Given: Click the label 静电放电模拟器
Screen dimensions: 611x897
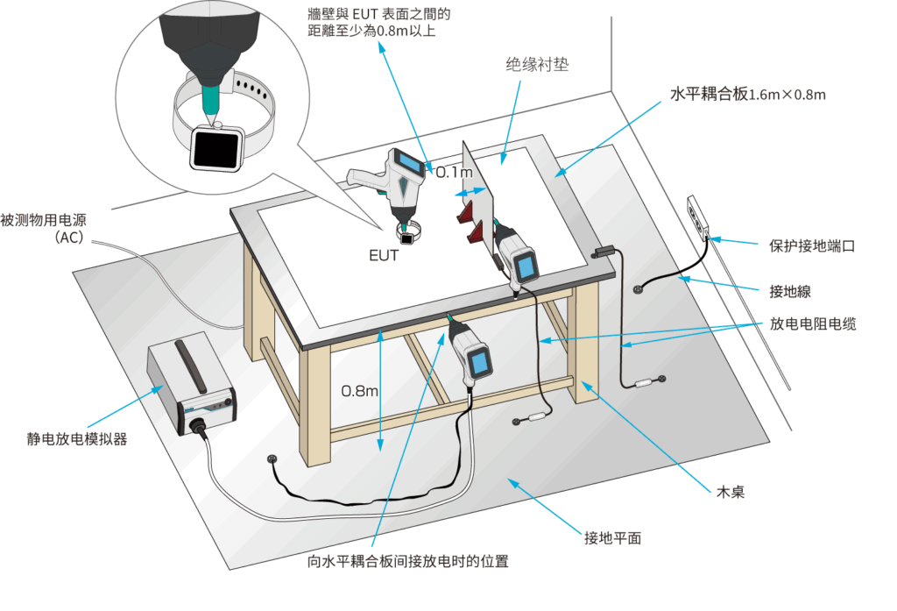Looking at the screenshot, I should click(x=76, y=438).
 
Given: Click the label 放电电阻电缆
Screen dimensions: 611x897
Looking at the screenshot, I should click(x=813, y=323).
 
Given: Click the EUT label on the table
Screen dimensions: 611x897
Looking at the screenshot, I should click(x=383, y=256).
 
